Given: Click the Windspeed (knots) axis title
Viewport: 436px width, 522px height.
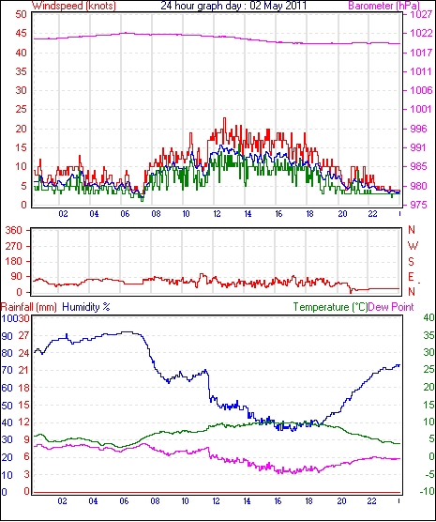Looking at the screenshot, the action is (74, 6).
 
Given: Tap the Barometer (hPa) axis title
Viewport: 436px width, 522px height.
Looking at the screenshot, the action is (384, 6).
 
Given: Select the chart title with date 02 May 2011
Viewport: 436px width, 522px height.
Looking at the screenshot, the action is (233, 6).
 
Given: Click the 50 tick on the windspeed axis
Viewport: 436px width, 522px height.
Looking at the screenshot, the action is (21, 15).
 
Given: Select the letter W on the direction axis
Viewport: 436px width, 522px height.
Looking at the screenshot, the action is (413, 246).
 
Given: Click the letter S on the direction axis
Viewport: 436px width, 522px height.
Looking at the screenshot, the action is (412, 262).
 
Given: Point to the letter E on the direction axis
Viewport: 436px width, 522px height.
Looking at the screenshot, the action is (412, 277).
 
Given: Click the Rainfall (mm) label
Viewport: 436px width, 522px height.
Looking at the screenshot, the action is (29, 307).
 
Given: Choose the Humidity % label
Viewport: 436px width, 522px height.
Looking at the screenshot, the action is (86, 307).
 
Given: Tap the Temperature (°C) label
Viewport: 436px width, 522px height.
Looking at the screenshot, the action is (330, 307).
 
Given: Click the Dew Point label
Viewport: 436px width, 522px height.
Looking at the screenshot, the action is (391, 307).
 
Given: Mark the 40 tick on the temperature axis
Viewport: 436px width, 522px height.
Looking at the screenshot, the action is (429, 318).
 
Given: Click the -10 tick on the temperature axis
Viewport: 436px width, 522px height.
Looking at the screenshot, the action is (428, 491).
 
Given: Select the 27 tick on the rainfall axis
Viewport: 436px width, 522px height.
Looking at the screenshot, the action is (24, 335).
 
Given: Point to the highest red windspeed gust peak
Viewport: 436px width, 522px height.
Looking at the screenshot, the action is (224, 118).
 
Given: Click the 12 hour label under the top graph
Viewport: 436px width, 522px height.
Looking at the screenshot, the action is (217, 213).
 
